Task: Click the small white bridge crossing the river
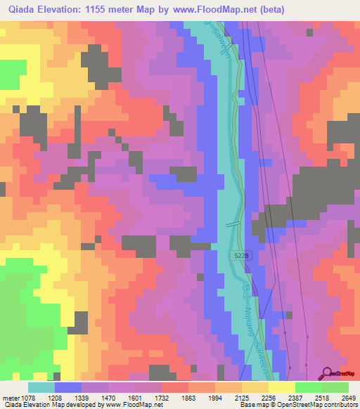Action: point(233,224)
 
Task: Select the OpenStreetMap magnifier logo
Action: point(328,373)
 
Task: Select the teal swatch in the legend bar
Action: point(41,387)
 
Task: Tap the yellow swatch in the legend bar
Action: point(281,387)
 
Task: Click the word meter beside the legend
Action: point(11,398)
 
